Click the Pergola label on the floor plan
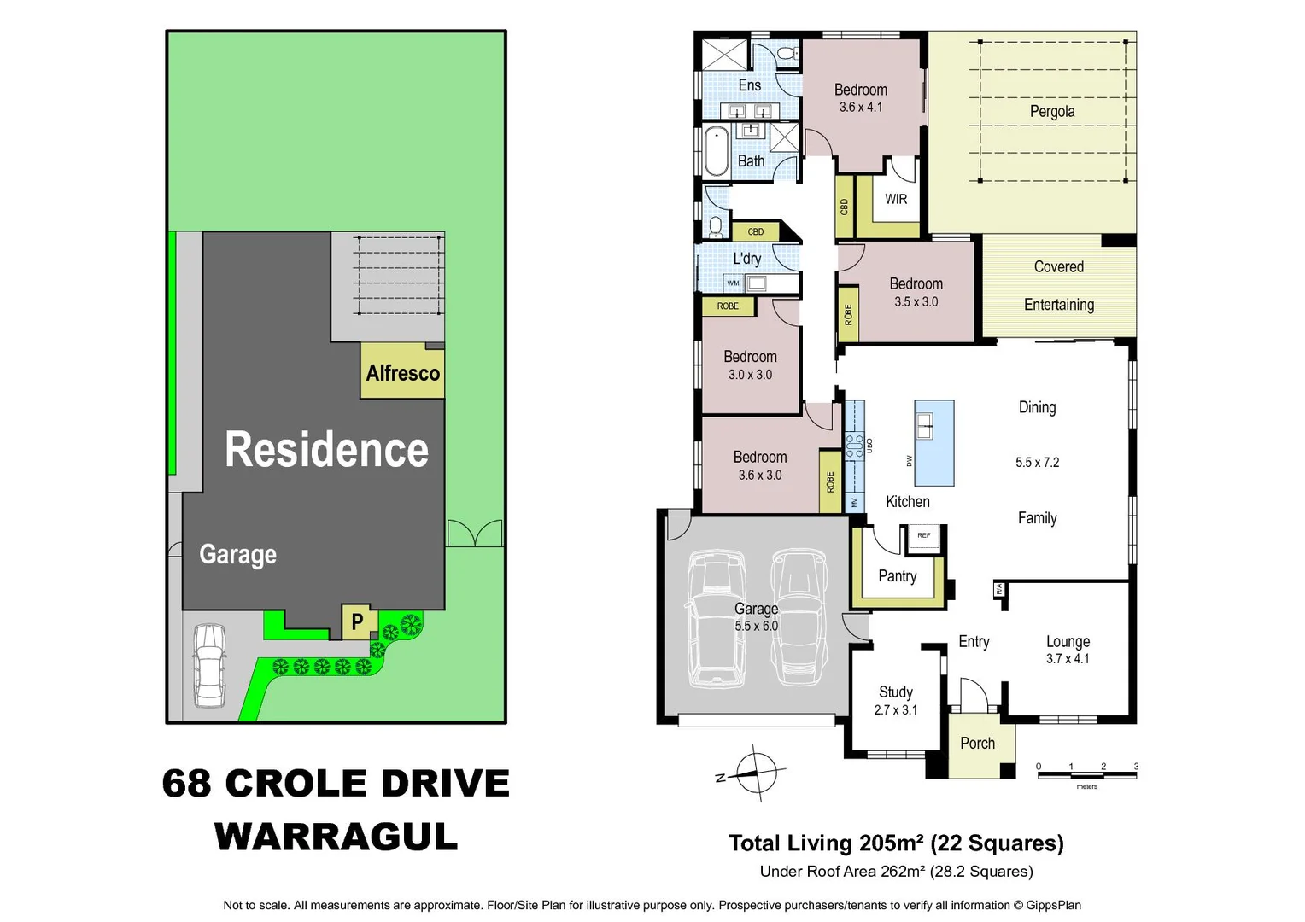click(x=1051, y=112)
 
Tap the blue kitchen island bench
click(x=933, y=442)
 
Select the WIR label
click(x=896, y=199)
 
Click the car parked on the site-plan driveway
click(x=209, y=665)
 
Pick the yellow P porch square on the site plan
click(x=357, y=621)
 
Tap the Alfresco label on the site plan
click(x=402, y=373)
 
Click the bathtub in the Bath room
click(x=717, y=152)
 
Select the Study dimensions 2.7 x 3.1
click(x=895, y=710)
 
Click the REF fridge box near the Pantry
click(x=923, y=535)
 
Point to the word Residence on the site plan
click(x=326, y=450)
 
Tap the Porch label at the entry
click(x=977, y=744)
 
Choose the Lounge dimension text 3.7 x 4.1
click(x=1068, y=659)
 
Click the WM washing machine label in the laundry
click(x=733, y=283)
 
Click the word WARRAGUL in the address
click(x=336, y=837)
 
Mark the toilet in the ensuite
click(x=787, y=54)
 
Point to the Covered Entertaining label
click(x=1058, y=285)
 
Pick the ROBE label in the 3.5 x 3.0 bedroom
click(x=848, y=315)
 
